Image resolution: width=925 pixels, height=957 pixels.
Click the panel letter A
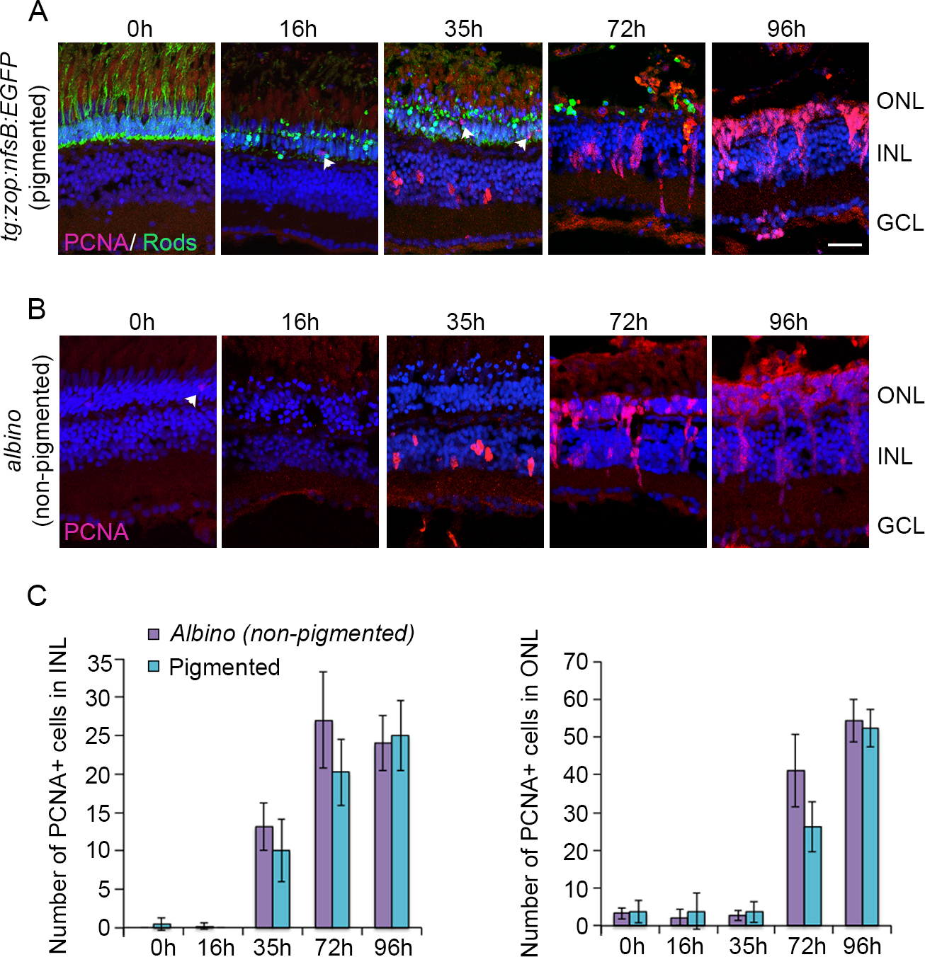38,12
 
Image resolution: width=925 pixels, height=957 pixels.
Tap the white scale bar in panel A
844,245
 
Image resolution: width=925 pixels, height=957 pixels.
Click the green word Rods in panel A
170,243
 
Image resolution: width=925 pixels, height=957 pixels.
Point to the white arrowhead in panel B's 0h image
191,401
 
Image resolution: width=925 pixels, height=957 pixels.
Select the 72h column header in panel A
626,29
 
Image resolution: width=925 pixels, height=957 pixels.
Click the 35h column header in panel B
465,322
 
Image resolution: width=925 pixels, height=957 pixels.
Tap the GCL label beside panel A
900,223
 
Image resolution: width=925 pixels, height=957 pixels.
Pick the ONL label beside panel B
900,395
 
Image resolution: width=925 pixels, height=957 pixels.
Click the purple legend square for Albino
154,634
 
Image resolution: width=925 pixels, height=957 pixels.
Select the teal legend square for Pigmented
154,667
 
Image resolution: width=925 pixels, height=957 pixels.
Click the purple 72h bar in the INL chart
324,824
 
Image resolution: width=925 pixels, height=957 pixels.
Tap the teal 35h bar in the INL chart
281,888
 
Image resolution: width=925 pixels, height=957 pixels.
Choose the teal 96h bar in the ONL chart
870,827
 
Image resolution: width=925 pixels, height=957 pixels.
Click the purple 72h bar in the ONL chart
796,848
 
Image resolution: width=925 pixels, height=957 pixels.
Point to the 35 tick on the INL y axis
99,664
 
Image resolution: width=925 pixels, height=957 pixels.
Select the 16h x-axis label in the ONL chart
685,946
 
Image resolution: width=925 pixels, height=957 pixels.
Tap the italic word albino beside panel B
15,440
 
